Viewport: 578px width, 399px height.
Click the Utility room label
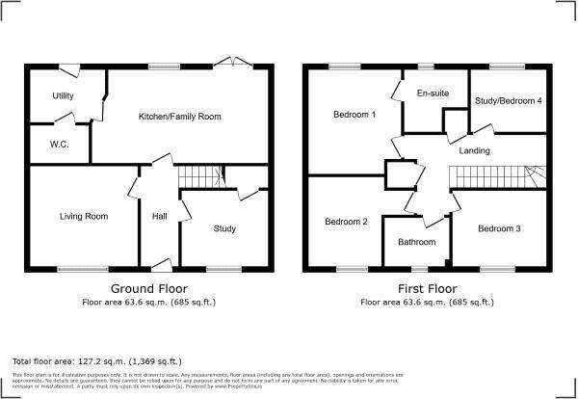point(64,96)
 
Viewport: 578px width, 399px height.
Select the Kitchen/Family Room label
point(180,117)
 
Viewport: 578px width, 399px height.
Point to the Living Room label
point(83,217)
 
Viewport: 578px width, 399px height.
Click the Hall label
point(160,216)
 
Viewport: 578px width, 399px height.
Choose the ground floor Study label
point(224,228)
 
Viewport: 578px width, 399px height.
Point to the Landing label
point(475,151)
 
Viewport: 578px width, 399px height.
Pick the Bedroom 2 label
point(346,221)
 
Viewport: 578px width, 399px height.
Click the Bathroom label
point(417,242)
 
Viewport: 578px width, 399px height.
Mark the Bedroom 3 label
point(499,228)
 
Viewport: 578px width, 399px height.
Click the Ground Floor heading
point(149,288)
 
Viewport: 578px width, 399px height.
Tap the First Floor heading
point(427,288)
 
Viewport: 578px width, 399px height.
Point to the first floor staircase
point(491,177)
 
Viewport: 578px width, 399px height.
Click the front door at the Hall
point(160,265)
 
